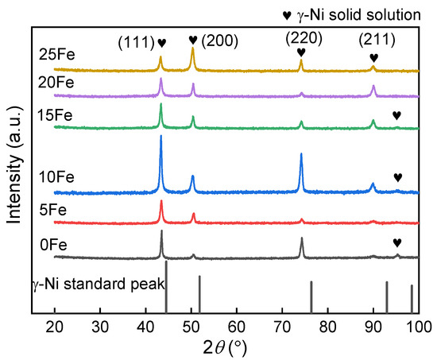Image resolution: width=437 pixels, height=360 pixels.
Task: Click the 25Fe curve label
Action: point(54,55)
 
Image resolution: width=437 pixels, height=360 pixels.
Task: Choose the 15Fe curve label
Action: point(54,116)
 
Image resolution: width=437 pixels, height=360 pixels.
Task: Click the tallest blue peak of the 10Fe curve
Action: point(161,137)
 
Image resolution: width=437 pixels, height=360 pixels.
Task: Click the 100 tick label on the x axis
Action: point(418,327)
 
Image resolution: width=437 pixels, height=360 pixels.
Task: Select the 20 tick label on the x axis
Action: point(55,327)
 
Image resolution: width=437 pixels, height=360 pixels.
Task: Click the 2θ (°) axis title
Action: point(236,348)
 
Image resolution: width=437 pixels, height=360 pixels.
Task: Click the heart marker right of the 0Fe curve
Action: point(397,243)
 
